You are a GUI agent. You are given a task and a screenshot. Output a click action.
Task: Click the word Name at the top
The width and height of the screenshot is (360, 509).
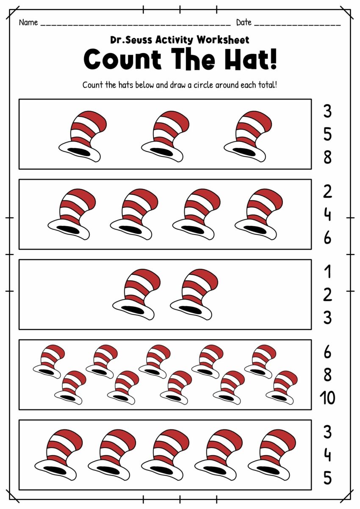(x=28, y=22)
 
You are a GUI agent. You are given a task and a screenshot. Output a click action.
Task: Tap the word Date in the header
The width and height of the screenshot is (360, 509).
(x=244, y=22)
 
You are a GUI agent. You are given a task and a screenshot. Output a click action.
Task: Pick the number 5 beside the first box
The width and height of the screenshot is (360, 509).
(x=327, y=135)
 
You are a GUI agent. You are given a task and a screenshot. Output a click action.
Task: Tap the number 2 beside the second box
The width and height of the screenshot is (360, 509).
(x=327, y=192)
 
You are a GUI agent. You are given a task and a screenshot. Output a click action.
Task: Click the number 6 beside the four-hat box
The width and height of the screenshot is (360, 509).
(x=327, y=238)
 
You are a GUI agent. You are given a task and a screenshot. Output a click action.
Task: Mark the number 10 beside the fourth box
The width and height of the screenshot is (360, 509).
(x=327, y=398)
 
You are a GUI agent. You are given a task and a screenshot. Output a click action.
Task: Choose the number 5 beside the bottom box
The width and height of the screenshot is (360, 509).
(x=327, y=478)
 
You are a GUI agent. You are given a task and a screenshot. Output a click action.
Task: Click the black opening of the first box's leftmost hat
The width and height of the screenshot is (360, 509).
(x=79, y=151)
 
